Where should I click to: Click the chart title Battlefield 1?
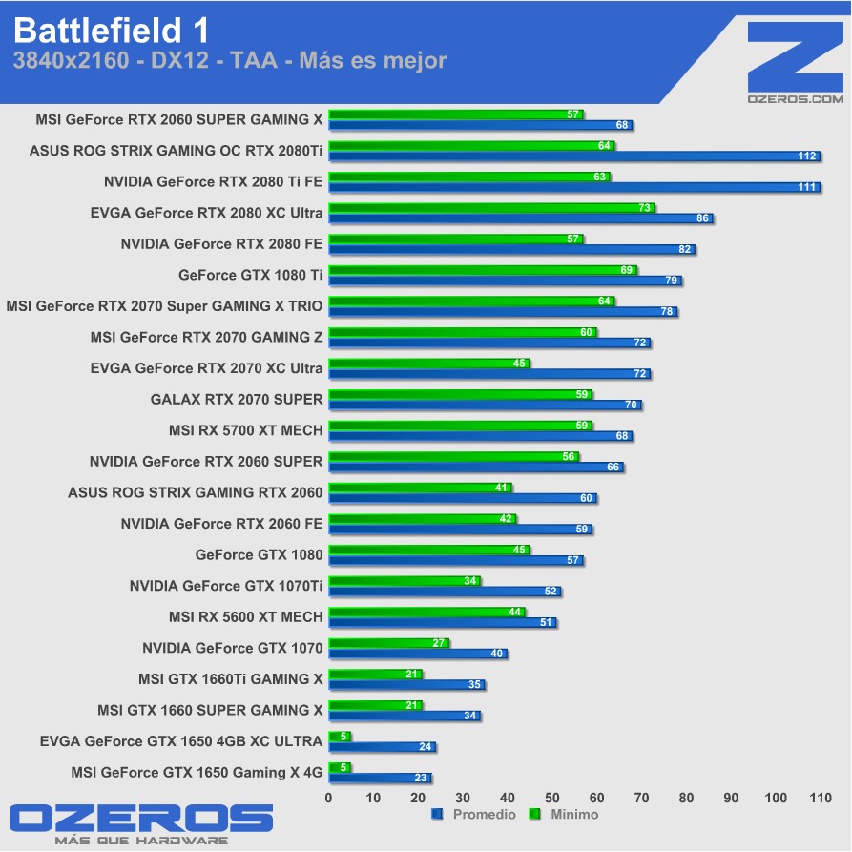tap(111, 31)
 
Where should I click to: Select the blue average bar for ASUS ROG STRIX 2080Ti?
tap(572, 156)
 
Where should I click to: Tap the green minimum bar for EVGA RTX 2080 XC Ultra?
tap(491, 207)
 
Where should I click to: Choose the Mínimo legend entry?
tap(567, 815)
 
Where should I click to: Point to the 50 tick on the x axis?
tap(552, 797)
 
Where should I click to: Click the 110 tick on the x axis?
tap(821, 797)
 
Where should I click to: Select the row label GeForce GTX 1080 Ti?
tap(250, 275)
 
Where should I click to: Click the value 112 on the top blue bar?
tap(807, 156)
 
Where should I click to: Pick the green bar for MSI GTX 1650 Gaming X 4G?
tap(340, 767)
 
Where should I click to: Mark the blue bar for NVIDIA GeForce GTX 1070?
tap(418, 655)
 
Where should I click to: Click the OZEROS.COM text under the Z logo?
tap(795, 98)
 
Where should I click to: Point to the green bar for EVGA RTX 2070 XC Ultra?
tap(428, 363)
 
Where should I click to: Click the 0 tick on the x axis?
tap(329, 797)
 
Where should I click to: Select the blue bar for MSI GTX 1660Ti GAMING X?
tap(406, 685)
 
